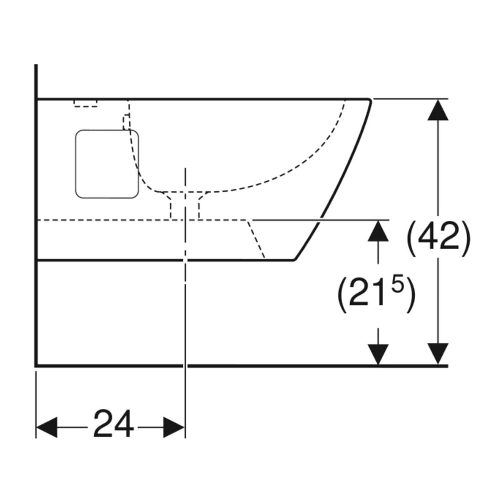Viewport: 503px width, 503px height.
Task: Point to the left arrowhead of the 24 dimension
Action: [x=47, y=427]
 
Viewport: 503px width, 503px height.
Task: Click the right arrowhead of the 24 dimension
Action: [x=174, y=427]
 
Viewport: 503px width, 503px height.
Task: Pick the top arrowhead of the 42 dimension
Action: [x=438, y=110]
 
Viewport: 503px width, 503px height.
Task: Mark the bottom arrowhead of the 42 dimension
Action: [x=438, y=354]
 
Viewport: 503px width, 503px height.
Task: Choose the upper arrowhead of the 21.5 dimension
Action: [x=378, y=231]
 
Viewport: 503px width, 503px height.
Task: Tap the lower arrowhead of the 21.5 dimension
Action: [x=378, y=354]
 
